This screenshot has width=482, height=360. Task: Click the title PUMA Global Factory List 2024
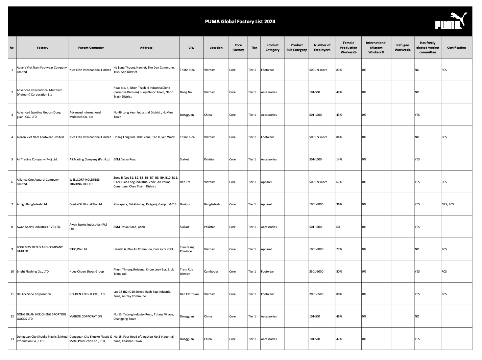240,22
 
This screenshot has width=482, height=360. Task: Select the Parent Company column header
91,48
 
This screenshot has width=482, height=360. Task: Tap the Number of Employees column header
322,48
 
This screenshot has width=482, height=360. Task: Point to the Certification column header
456,48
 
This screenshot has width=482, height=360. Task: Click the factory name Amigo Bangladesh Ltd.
32,204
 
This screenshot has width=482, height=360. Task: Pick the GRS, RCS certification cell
448,204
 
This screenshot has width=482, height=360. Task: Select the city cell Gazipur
185,204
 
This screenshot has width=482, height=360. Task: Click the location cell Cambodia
211,272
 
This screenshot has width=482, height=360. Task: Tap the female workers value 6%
338,227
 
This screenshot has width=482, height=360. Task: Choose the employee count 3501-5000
316,272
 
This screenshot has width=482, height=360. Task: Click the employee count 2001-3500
316,294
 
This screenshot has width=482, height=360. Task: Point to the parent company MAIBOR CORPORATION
86,316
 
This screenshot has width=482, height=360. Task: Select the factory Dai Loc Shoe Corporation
34,294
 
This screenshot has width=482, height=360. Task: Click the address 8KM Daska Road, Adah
129,227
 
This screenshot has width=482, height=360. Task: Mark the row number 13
12,339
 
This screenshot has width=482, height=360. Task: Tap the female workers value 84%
339,137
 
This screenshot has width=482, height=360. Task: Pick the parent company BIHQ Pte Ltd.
78,249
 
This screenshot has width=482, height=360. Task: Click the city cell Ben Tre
185,182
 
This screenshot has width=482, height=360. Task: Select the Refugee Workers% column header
403,48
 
